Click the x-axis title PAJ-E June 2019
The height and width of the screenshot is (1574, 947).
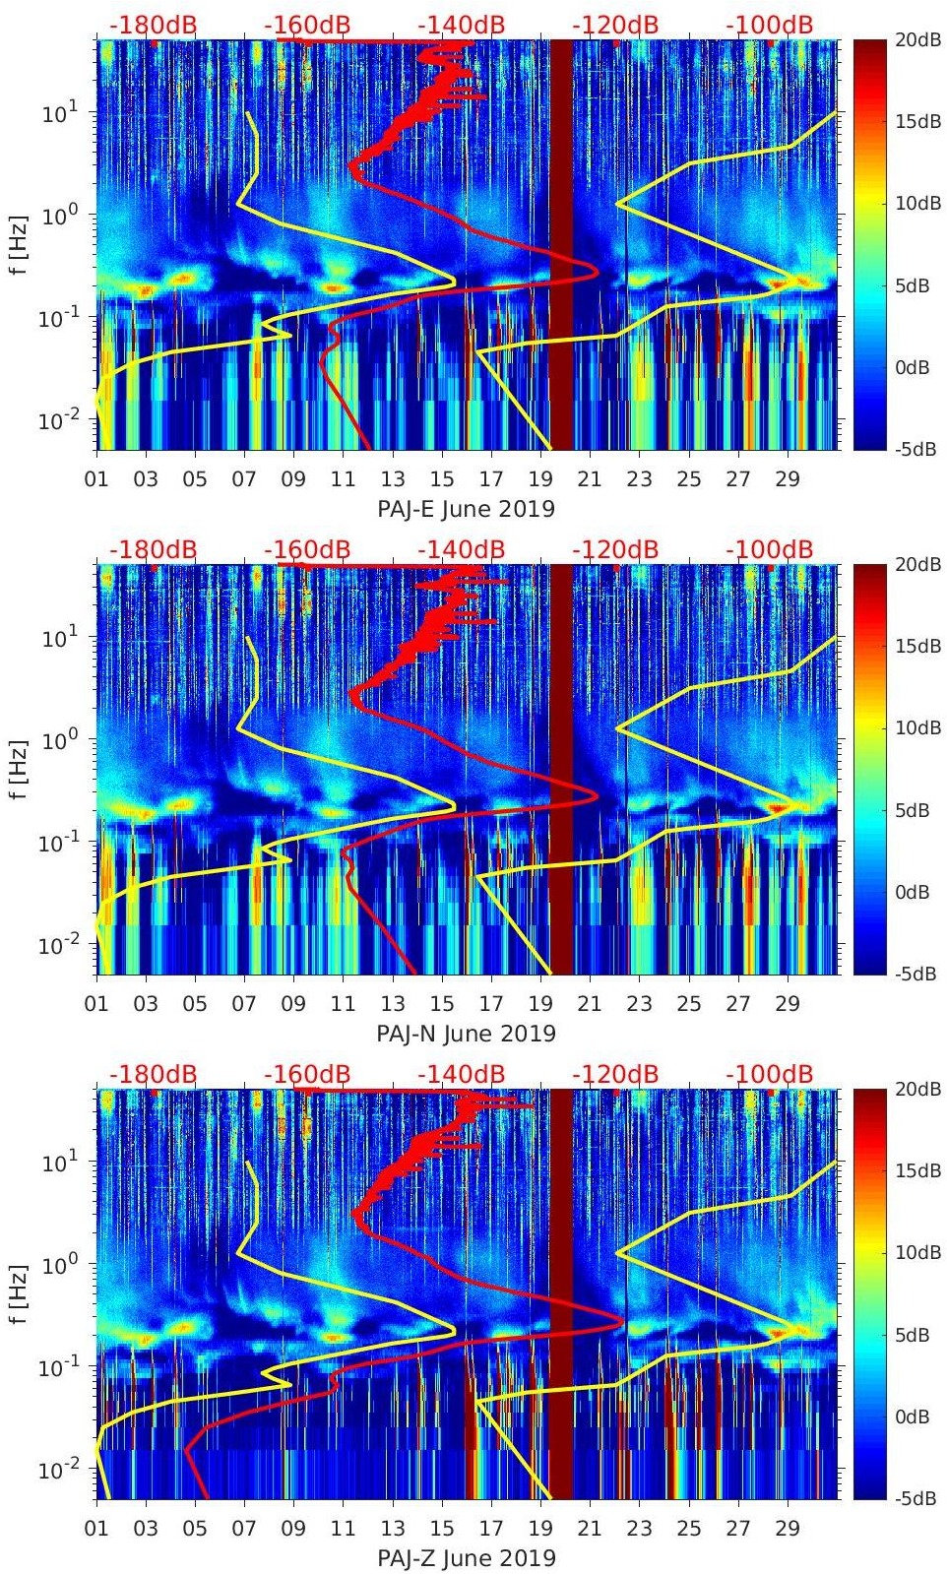click(466, 509)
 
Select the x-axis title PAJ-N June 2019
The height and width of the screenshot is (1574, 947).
click(466, 1034)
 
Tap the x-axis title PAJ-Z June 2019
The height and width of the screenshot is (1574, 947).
click(466, 1558)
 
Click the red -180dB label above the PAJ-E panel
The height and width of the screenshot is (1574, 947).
click(154, 25)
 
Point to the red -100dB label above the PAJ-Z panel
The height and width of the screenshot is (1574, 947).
click(770, 1074)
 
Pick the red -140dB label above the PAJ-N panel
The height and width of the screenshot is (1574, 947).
click(462, 549)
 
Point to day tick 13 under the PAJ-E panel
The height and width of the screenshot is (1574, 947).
click(392, 479)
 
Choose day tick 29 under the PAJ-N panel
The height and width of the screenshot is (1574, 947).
click(788, 1004)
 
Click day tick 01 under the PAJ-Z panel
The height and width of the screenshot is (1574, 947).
click(96, 1529)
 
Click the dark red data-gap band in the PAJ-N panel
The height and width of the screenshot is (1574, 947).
click(560, 768)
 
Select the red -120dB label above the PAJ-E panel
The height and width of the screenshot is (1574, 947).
click(615, 25)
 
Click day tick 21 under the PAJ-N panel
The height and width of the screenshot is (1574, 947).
click(590, 1004)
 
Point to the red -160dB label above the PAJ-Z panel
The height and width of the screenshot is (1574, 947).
click(307, 1074)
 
